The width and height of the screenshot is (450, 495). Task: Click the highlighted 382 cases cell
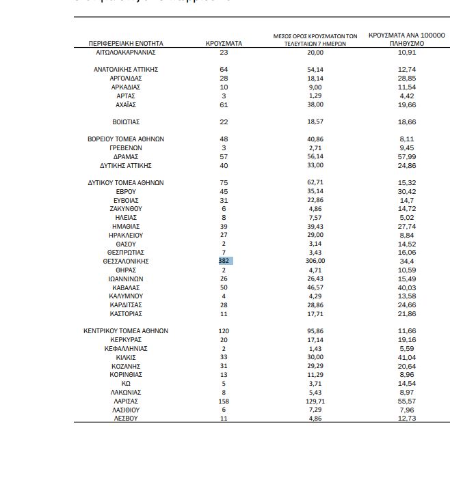coord(224,261)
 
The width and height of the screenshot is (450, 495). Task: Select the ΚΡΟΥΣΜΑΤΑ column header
coord(224,44)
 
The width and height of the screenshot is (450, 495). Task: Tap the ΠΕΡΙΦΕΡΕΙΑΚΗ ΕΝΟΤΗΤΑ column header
coord(126,44)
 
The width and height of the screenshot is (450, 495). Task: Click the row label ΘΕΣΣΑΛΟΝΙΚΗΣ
coord(126,261)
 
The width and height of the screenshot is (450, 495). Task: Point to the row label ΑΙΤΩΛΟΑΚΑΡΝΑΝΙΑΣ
coord(126,53)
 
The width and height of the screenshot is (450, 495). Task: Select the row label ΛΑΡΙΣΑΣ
coord(126,401)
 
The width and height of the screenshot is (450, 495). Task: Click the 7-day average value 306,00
coord(315,261)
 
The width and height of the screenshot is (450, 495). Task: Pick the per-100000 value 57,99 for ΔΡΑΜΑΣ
coord(407,157)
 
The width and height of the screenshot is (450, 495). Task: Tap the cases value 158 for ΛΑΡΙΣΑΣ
coord(224,401)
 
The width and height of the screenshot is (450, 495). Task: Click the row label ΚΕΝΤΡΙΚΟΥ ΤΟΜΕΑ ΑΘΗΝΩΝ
coord(126,331)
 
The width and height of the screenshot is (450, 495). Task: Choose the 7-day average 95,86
coord(315,331)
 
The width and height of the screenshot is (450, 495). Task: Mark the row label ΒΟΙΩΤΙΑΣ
coord(126,122)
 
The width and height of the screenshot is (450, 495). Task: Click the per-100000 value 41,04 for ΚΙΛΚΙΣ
coord(407,358)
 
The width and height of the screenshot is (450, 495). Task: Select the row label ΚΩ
coord(126,384)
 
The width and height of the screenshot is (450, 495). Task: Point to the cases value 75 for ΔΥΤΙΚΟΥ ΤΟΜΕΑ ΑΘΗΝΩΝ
coord(224,183)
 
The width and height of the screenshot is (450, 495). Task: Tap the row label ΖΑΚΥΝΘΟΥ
coord(126,209)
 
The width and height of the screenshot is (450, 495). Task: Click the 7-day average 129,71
coord(315,401)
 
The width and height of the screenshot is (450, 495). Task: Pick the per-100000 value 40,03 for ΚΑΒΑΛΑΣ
coord(407,288)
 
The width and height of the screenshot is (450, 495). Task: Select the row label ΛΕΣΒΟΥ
coord(126,419)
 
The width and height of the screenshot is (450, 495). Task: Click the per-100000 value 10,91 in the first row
coord(407,53)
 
